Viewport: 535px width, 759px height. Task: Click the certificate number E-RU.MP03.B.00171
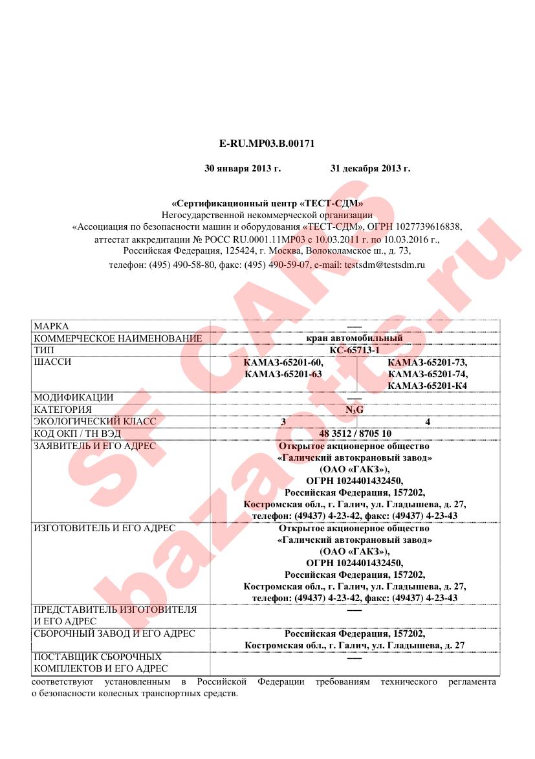pos(267,143)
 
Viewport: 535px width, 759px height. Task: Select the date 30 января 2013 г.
pos(243,169)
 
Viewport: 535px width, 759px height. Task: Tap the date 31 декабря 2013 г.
pos(370,169)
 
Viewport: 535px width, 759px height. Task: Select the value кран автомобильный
pos(354,338)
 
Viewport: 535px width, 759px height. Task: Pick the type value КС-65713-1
pos(354,350)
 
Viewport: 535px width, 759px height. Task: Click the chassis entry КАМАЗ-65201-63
pos(284,374)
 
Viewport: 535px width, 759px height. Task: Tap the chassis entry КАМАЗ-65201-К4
pos(428,386)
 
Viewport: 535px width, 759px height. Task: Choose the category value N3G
pos(354,410)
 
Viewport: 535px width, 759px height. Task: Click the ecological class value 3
pos(283,421)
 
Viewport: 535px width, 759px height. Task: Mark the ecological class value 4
pos(428,421)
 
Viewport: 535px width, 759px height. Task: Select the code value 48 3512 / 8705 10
pos(355,433)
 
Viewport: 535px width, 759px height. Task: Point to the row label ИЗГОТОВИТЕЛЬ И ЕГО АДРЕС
pos(104,528)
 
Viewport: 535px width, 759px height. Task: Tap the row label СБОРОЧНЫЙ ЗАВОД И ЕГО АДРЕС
pos(115,633)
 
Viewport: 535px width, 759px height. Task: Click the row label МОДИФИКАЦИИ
pos(74,397)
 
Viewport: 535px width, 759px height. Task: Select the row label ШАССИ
pos(52,362)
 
